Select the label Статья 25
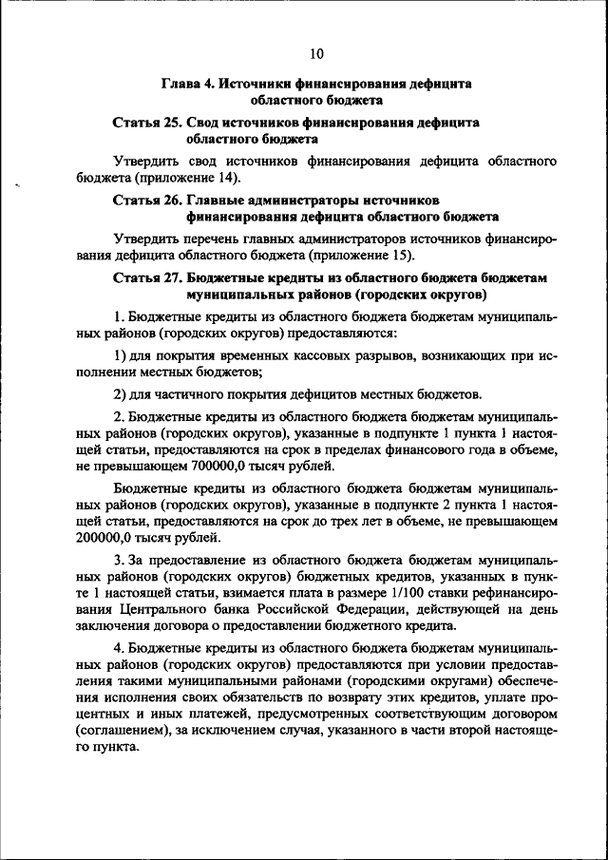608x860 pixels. click(147, 123)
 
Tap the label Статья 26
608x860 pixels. click(147, 201)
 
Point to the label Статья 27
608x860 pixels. click(147, 277)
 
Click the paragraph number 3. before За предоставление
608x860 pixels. click(119, 557)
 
